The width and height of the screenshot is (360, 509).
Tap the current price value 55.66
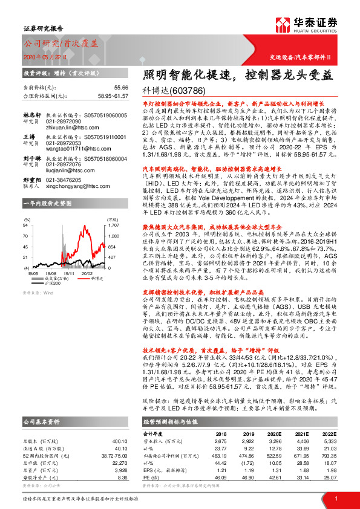click(120, 88)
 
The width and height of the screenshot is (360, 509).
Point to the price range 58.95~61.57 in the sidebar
click(112, 96)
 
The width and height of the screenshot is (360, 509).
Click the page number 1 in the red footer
click(335, 498)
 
